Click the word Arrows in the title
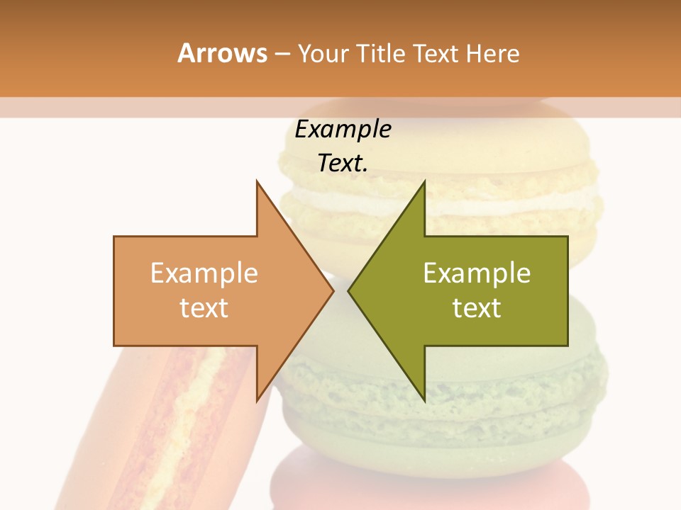[x=222, y=53]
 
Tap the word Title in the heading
[x=380, y=53]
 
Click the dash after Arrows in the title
[x=282, y=55]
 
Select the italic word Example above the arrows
[x=343, y=130]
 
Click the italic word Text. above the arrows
[x=343, y=163]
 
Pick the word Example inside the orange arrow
[x=204, y=273]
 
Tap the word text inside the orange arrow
[x=204, y=308]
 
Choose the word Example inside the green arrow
[x=477, y=273]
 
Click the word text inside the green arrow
[x=477, y=308]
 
